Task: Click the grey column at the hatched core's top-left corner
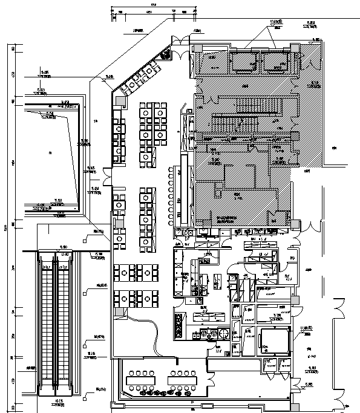(x=195, y=48)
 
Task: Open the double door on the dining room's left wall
(x=110, y=178)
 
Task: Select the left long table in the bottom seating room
(x=140, y=379)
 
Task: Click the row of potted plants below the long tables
(x=161, y=392)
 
